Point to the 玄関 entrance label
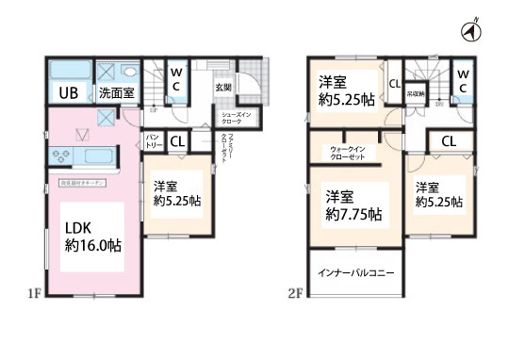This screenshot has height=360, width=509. point(222,87)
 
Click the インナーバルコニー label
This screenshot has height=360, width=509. point(354,273)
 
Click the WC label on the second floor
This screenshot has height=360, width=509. point(464,79)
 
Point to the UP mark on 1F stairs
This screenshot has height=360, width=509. point(154,110)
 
